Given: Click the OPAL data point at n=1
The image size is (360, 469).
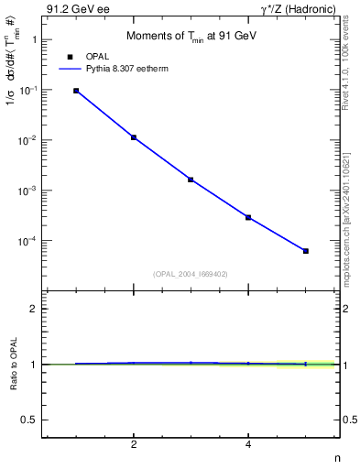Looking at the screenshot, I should pos(76,91).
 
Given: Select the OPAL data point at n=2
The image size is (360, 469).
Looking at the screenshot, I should pos(134,137).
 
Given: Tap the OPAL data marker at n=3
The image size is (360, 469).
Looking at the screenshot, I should pos(191,180).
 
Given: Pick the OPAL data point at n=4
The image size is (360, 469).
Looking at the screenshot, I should pos(248,217).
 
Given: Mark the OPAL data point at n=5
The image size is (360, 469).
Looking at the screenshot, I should pos(306,251).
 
